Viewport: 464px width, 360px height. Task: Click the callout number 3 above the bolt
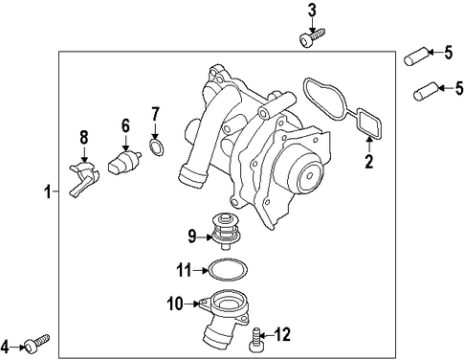pyautogui.click(x=312, y=11)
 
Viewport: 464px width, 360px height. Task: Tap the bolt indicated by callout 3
pyautogui.click(x=312, y=37)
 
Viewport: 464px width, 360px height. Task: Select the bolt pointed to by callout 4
pyautogui.click(x=37, y=343)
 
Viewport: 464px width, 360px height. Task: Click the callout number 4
pyautogui.click(x=6, y=347)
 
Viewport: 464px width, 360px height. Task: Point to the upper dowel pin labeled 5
pyautogui.click(x=415, y=56)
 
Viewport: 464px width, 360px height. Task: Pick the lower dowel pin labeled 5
pyautogui.click(x=425, y=91)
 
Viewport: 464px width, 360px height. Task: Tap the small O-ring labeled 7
pyautogui.click(x=156, y=147)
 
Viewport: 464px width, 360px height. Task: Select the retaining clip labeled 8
pyautogui.click(x=83, y=180)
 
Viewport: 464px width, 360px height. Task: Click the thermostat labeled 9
pyautogui.click(x=226, y=232)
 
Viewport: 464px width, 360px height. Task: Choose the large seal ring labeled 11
pyautogui.click(x=228, y=270)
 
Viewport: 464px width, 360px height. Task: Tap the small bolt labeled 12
pyautogui.click(x=255, y=340)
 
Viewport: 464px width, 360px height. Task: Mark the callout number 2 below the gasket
pyautogui.click(x=369, y=161)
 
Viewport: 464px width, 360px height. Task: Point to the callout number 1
pyautogui.click(x=48, y=191)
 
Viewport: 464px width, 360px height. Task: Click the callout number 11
pyautogui.click(x=185, y=270)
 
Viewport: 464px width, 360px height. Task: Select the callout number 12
pyautogui.click(x=281, y=334)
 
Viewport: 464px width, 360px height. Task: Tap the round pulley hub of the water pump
pyautogui.click(x=309, y=176)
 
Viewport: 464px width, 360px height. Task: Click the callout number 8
pyautogui.click(x=83, y=138)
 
